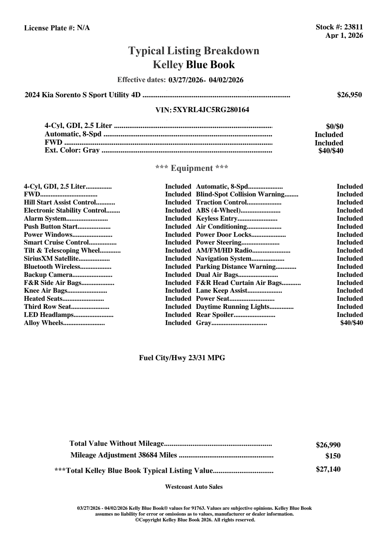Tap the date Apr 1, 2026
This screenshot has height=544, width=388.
(x=344, y=36)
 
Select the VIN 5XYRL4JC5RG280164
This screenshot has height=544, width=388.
(x=211, y=110)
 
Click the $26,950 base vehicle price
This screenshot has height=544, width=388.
(x=350, y=95)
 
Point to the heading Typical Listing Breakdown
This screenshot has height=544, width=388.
(x=194, y=51)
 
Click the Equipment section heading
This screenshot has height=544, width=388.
(x=192, y=168)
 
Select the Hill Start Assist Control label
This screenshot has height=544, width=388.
(x=60, y=203)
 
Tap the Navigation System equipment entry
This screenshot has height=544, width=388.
(x=224, y=259)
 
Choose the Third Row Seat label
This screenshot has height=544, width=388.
(x=47, y=307)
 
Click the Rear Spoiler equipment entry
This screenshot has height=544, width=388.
(x=215, y=315)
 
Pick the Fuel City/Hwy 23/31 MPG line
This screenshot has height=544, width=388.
(x=182, y=358)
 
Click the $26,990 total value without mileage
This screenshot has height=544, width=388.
(x=328, y=445)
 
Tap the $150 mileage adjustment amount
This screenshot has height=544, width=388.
(x=333, y=456)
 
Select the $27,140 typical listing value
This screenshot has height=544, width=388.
(x=328, y=469)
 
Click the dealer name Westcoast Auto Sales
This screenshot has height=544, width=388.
(x=194, y=487)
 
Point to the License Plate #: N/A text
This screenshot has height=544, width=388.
(x=57, y=28)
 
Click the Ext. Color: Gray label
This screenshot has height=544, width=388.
(x=72, y=150)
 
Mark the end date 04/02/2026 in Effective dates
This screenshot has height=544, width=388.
(x=226, y=80)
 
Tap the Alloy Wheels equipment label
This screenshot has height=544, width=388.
(x=43, y=323)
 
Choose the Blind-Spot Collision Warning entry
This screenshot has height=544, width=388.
(x=240, y=194)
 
